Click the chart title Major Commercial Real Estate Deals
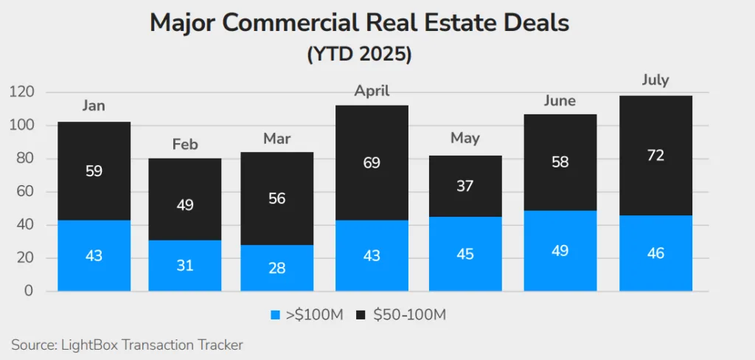pos(360,22)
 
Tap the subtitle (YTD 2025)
pos(360,55)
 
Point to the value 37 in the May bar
pos(465,187)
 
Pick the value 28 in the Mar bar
pos(277,267)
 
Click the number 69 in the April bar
pos(372,162)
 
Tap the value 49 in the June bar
pos(560,251)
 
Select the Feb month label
pos(185,144)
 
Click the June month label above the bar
pos(560,100)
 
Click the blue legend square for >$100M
pos(276,315)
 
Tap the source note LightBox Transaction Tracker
pos(127,345)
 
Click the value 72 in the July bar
pos(655,155)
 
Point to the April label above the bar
pos(372,91)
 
